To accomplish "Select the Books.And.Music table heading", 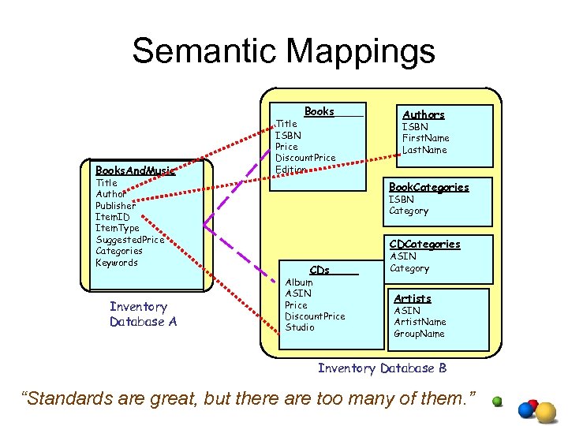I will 135,170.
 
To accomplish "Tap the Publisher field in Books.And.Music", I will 115,206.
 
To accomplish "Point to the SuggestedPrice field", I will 130,240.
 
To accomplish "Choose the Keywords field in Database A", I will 117,263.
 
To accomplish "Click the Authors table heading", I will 424,115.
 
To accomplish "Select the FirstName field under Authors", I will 425,138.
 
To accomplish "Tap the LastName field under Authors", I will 424,150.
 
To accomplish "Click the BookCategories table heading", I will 429,188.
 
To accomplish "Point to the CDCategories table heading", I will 424,245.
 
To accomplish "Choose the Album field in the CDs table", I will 299,282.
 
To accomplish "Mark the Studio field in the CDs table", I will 300,327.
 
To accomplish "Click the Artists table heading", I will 413,299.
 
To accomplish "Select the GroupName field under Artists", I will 419,334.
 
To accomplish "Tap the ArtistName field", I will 420,322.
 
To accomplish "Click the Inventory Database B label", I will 382,368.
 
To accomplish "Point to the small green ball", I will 497,401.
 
